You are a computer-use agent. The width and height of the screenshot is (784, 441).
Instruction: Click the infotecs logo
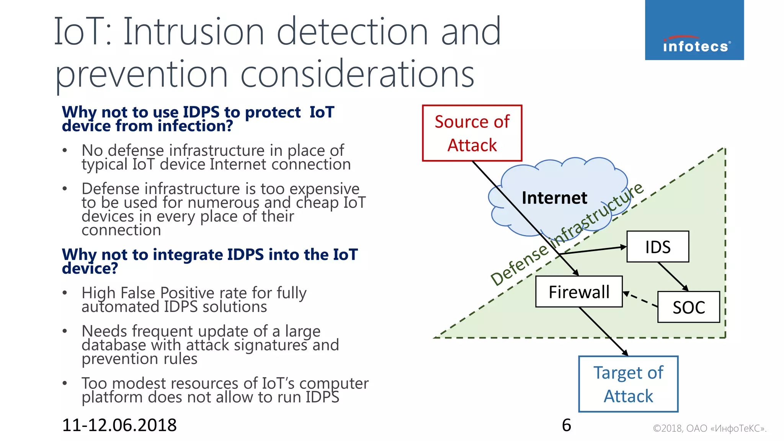(x=694, y=30)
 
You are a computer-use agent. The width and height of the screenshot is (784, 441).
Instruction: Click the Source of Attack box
(x=472, y=133)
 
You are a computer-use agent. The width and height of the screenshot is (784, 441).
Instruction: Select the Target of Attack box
(x=628, y=384)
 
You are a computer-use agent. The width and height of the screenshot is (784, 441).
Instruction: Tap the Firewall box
(x=578, y=292)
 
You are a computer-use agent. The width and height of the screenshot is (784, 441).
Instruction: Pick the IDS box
(x=657, y=247)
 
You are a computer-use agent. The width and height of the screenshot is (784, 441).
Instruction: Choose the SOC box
(x=688, y=307)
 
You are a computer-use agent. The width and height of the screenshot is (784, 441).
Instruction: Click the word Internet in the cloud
(x=554, y=198)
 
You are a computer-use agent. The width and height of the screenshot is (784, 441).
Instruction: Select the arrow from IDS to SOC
(x=673, y=277)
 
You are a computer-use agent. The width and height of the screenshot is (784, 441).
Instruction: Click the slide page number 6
(x=566, y=425)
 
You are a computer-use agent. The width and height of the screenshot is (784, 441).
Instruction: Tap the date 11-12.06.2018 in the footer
(x=119, y=425)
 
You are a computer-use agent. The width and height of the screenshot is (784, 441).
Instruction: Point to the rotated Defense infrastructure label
(x=567, y=234)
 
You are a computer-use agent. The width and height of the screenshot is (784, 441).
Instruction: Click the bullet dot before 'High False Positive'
(x=65, y=293)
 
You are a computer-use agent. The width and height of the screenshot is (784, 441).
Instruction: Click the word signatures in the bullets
(x=270, y=345)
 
